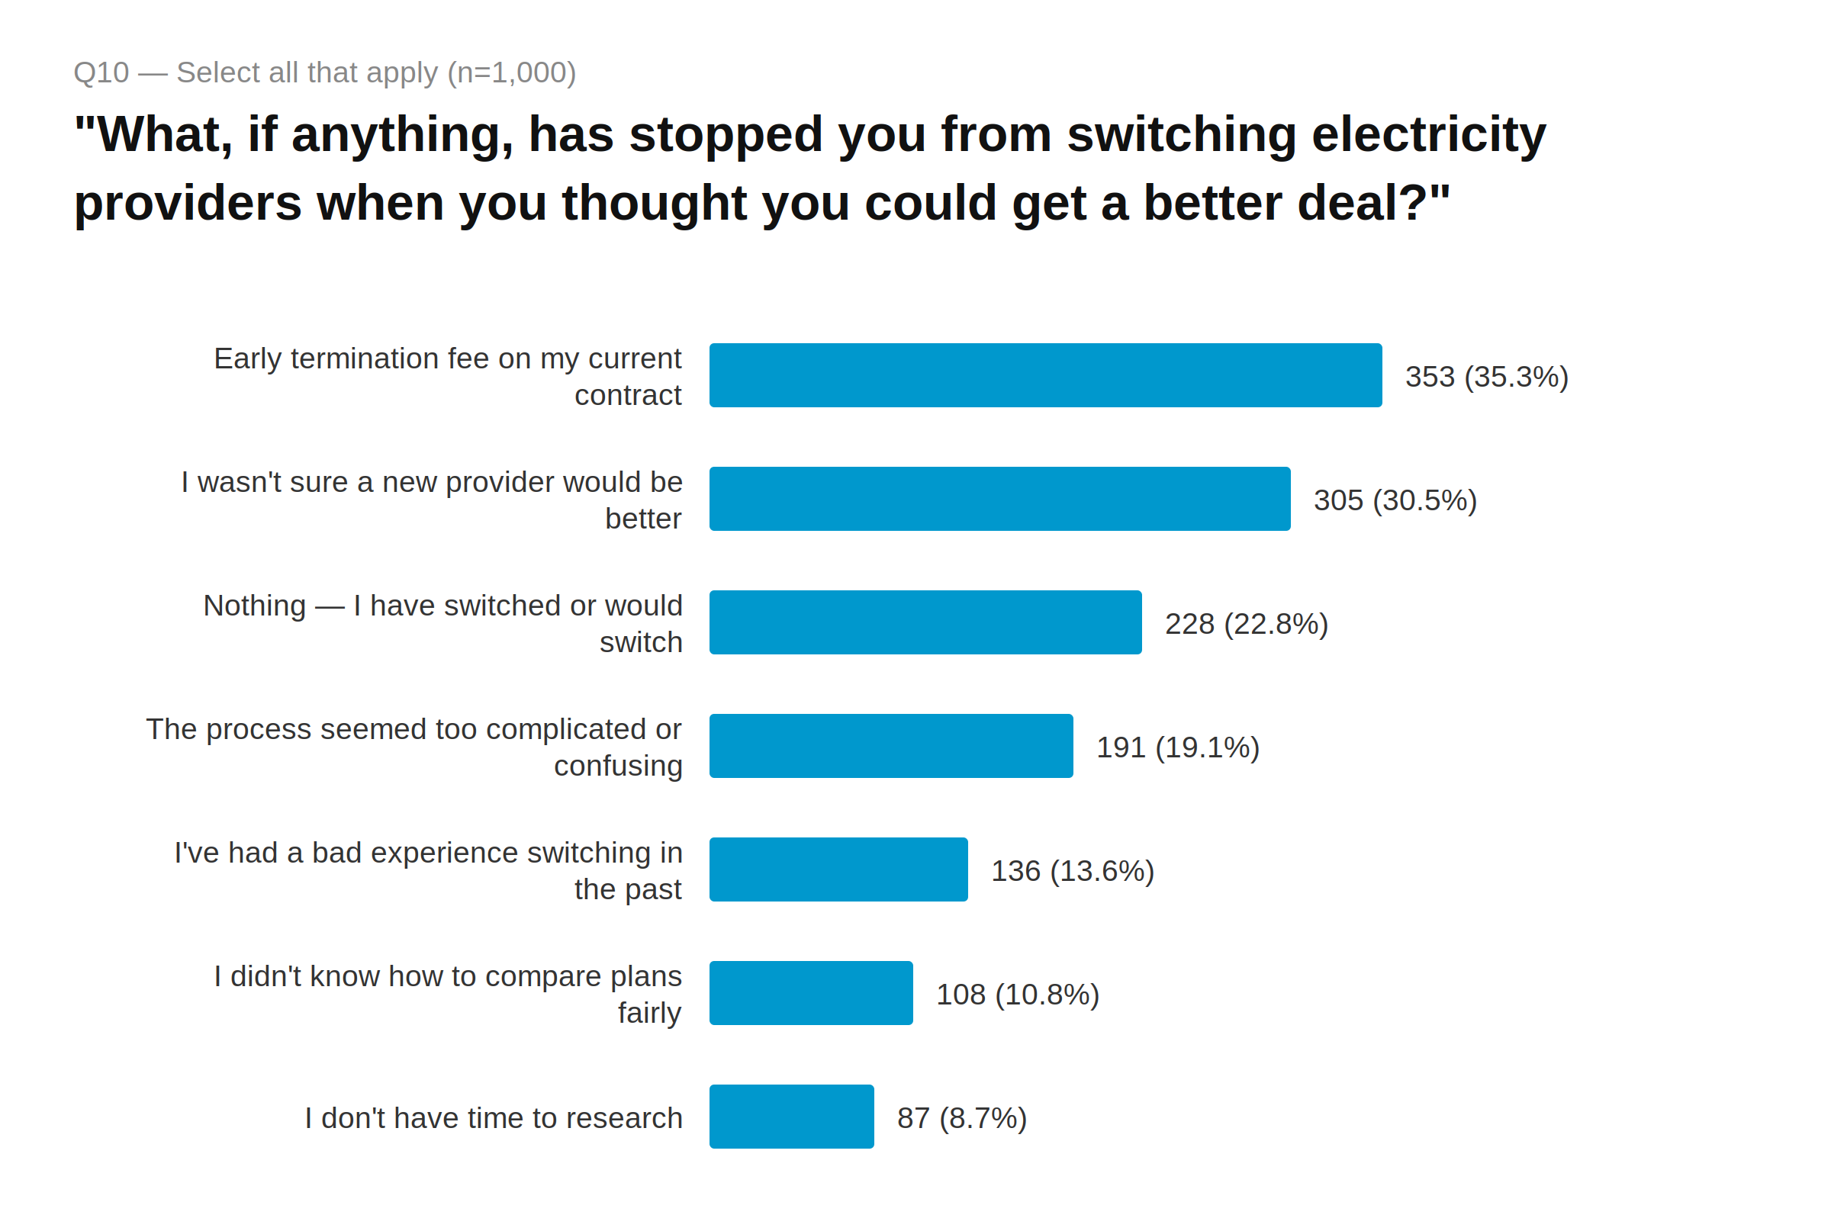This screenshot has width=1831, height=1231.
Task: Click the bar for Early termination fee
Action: click(x=1044, y=375)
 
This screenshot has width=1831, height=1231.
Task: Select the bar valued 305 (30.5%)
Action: click(x=999, y=499)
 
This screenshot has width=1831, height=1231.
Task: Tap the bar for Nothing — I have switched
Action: click(x=925, y=622)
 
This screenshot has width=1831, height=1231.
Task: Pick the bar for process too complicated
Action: click(x=890, y=746)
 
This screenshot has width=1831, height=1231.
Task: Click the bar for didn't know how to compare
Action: click(x=810, y=993)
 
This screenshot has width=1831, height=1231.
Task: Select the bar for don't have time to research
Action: click(x=790, y=1117)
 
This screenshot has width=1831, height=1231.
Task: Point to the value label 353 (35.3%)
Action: click(x=1485, y=377)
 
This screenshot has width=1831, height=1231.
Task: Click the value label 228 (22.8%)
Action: click(x=1245, y=624)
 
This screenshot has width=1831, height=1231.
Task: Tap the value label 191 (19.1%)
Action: click(x=1177, y=747)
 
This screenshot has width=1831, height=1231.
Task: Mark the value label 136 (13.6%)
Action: click(x=1072, y=871)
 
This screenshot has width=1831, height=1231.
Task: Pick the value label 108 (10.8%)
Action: click(x=1017, y=995)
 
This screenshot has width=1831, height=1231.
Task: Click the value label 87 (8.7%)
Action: click(x=961, y=1118)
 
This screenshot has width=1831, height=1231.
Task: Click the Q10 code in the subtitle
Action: click(x=101, y=72)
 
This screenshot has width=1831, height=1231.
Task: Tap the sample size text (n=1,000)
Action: click(x=511, y=72)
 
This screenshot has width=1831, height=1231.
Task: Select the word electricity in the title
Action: click(x=1428, y=134)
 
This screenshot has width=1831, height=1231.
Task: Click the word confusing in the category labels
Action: click(x=618, y=766)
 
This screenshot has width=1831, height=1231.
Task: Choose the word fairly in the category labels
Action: click(x=649, y=1013)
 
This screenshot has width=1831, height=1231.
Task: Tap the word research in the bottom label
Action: click(x=613, y=1118)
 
